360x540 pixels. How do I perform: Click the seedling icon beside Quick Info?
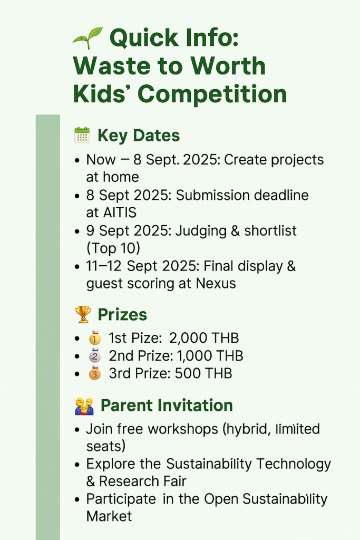tap(88, 37)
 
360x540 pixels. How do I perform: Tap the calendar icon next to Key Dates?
tap(82, 135)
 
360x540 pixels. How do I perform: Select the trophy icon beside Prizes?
tap(83, 314)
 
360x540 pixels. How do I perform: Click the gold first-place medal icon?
tap(95, 338)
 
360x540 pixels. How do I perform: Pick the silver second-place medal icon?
tap(95, 356)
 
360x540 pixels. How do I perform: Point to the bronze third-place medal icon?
tap(95, 373)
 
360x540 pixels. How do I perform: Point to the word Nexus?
tap(216, 283)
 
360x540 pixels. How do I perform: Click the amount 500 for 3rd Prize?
tap(188, 373)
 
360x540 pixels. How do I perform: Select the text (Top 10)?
tap(113, 248)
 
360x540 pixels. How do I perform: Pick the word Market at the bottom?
tap(109, 516)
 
